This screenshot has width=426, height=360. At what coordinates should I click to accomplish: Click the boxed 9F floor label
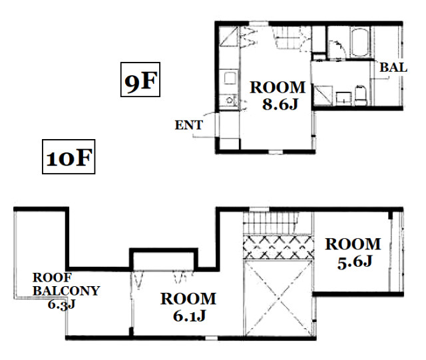pos(140,79)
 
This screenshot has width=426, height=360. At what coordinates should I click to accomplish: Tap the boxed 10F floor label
pos(69,157)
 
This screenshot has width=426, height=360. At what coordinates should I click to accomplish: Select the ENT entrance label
pos(188,125)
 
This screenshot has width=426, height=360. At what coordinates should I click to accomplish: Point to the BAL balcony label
pos(393,67)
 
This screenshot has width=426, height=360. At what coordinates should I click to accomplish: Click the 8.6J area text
pos(280,104)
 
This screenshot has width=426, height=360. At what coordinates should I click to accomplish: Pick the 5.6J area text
pos(355,262)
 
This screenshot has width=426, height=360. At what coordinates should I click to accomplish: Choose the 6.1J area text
pos(189,315)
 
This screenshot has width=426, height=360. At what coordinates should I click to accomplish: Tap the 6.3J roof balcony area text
pos(61,305)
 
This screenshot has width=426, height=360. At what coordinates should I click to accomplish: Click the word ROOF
pos(52,277)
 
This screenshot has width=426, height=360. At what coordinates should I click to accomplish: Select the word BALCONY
pos(67,291)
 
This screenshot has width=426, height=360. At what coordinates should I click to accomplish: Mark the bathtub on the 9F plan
pos(359,42)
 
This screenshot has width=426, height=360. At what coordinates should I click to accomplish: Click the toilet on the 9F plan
pos(361,95)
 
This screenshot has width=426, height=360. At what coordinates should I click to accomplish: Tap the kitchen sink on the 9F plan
pos(230,78)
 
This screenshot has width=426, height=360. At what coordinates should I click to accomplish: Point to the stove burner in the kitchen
pos(229,100)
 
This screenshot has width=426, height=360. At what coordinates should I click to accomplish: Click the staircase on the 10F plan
pos(270,223)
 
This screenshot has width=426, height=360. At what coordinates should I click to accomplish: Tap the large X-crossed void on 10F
pos(278,297)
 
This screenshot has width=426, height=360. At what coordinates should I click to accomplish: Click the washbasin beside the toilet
pos(344,98)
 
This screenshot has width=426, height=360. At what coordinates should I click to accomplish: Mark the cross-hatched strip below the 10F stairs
pos(278,248)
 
